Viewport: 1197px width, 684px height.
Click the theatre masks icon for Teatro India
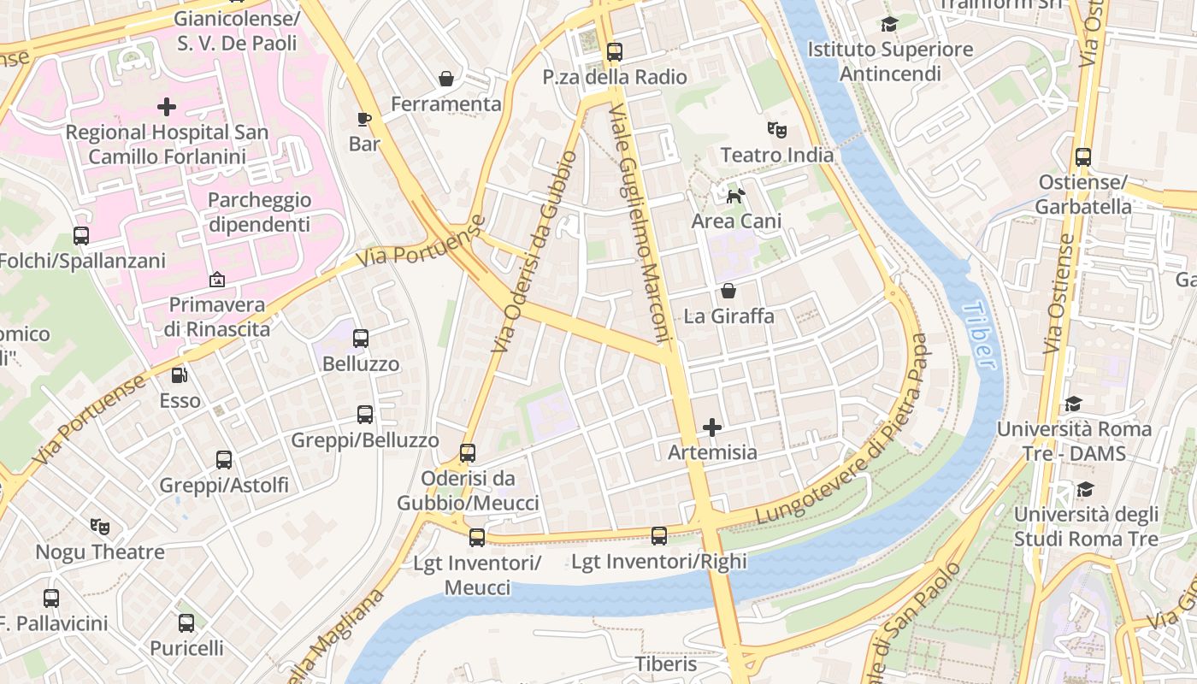click(x=776, y=130)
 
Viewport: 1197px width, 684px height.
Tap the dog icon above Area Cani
click(x=735, y=197)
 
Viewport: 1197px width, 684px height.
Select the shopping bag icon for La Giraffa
click(x=728, y=291)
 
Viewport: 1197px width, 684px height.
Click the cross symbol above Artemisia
click(x=712, y=427)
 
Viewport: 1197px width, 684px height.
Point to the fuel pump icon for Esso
click(x=180, y=374)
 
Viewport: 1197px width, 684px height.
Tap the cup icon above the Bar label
click(x=364, y=119)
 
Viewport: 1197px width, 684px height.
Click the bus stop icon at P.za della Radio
click(x=614, y=52)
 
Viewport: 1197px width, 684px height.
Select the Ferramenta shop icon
click(x=445, y=79)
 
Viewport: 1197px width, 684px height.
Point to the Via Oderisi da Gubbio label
click(x=535, y=252)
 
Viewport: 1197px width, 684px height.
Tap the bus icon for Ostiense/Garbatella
click(x=1083, y=157)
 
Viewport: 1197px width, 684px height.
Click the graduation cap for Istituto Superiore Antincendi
click(x=890, y=25)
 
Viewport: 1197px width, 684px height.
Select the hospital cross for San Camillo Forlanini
click(x=167, y=107)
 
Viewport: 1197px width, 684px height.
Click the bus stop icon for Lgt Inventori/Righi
click(x=658, y=536)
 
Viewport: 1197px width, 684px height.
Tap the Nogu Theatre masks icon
click(x=100, y=527)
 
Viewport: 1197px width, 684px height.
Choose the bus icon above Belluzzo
click(x=361, y=339)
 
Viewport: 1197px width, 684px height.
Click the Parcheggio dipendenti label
click(x=259, y=212)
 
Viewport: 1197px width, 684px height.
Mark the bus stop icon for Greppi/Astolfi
click(x=224, y=460)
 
